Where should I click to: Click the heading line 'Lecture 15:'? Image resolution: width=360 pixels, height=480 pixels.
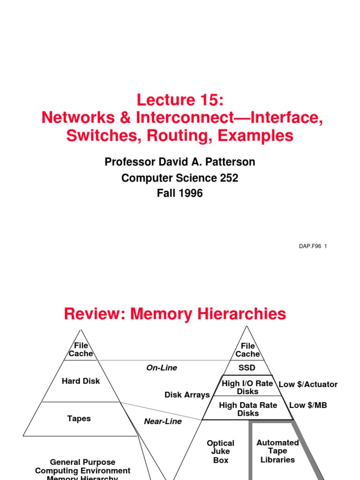pyautogui.click(x=180, y=100)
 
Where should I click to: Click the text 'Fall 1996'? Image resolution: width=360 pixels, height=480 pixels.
pyautogui.click(x=180, y=193)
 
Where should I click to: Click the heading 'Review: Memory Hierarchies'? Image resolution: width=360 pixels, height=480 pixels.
pyautogui.click(x=175, y=314)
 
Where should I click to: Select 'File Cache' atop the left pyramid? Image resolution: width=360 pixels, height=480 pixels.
pyautogui.click(x=81, y=350)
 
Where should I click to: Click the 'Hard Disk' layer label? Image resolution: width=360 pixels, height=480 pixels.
pyautogui.click(x=81, y=381)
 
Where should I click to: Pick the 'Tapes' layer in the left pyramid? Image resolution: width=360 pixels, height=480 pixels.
pyautogui.click(x=79, y=418)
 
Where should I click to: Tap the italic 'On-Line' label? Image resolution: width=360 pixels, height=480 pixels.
pyautogui.click(x=162, y=368)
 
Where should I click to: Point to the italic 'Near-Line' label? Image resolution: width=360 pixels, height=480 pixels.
pyautogui.click(x=163, y=421)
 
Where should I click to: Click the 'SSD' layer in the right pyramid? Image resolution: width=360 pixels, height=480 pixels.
pyautogui.click(x=247, y=368)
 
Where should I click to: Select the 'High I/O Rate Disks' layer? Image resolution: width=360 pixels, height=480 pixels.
pyautogui.click(x=247, y=387)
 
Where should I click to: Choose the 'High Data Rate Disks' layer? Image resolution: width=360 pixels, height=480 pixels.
pyautogui.click(x=248, y=409)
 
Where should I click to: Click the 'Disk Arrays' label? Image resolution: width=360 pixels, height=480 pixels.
pyautogui.click(x=187, y=395)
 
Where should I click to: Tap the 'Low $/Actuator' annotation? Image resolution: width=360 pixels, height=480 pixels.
pyautogui.click(x=308, y=384)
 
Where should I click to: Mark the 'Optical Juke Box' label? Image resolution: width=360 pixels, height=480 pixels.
pyautogui.click(x=221, y=451)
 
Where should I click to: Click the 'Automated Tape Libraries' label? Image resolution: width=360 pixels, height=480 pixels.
pyautogui.click(x=277, y=451)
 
